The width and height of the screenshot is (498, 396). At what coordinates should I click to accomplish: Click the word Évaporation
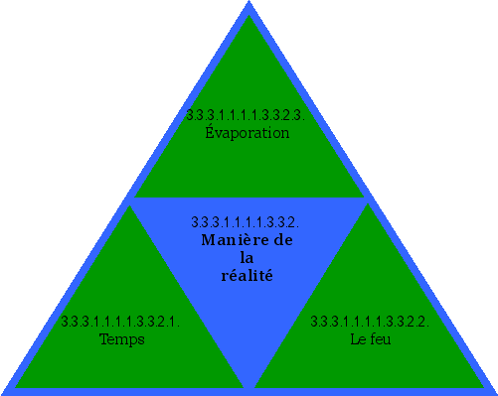tap(247, 133)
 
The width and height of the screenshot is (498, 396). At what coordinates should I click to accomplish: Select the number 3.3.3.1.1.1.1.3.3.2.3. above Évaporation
tap(245, 115)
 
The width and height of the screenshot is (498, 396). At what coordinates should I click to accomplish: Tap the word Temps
tap(122, 339)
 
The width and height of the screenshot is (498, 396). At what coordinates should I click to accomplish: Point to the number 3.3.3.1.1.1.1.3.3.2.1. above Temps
tap(119, 322)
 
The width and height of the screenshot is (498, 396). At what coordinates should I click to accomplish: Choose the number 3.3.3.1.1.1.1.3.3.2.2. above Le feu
tap(369, 322)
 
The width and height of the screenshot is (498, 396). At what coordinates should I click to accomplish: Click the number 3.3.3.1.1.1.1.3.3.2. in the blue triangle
tap(245, 221)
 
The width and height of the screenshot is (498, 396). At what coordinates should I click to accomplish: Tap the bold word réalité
tap(247, 276)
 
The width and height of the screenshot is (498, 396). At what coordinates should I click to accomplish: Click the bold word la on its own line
tap(248, 258)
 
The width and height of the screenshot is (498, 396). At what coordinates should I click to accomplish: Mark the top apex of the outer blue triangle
tap(249, 3)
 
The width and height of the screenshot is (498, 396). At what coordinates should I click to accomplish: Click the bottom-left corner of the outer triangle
tap(3, 392)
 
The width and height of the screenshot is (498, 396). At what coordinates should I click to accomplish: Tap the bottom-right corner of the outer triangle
tap(494, 392)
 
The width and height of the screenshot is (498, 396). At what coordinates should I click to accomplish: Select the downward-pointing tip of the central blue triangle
tap(249, 387)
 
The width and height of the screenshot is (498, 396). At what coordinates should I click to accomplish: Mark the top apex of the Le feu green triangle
tap(369, 205)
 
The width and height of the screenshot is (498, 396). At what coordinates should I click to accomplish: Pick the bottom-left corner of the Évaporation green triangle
tap(134, 198)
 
